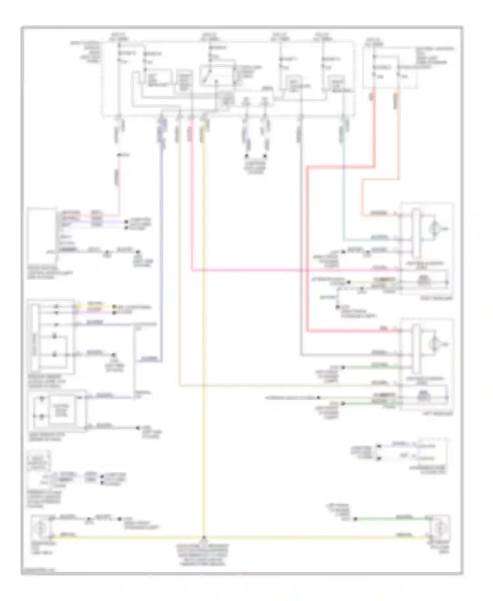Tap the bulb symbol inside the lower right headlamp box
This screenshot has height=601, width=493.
coord(435,344)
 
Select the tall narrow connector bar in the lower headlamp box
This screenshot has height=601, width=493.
coord(416,349)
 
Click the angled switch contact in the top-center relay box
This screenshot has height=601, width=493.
coord(208,76)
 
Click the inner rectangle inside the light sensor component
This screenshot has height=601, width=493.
coord(62,410)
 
